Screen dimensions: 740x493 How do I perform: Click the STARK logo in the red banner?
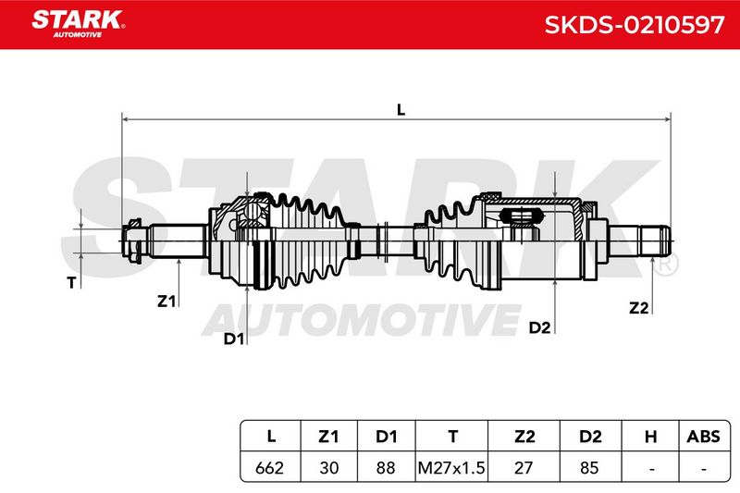pos(78,23)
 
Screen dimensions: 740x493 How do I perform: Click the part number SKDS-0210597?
pos(634,25)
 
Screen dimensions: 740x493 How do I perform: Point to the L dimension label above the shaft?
pos(401,110)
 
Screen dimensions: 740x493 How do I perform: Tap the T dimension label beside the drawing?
pos(72,283)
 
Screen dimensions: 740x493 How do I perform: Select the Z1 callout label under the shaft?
pos(166,301)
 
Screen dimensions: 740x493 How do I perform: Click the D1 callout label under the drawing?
pos(234,339)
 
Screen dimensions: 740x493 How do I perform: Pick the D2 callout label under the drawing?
pos(539,327)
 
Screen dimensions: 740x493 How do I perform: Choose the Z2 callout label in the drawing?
pos(639,308)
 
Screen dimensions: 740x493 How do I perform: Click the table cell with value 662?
pos(269,467)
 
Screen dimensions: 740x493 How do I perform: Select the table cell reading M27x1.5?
pos(451,467)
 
